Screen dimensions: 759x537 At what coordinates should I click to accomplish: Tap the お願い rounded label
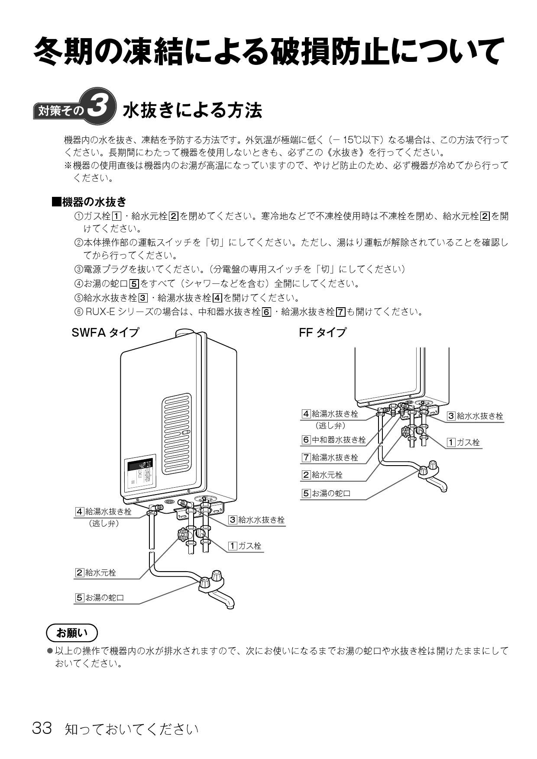coord(72,633)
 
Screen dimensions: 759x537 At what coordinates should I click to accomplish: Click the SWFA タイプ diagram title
coord(105,332)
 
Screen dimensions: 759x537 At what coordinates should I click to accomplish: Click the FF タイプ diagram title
coord(323,332)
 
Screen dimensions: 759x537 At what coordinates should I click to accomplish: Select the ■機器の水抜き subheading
coord(89,202)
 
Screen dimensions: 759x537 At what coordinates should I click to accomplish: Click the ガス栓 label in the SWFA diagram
coord(246,546)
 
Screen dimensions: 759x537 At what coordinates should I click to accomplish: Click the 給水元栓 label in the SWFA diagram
coord(96,572)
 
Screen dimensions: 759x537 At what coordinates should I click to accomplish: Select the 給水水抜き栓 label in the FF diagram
coord(476,416)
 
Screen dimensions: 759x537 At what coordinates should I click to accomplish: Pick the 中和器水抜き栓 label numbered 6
coord(334,440)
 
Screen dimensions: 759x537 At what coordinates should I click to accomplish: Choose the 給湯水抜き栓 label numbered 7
coord(330,457)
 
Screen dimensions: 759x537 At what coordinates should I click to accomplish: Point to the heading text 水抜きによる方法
coord(193,110)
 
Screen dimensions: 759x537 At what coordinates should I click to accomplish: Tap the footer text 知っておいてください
coord(132,729)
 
